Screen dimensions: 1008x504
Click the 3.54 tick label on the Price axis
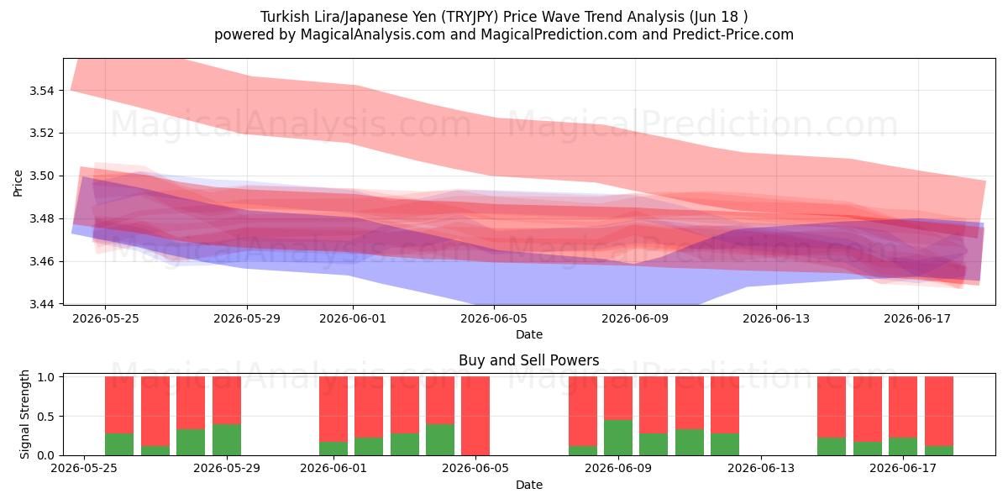coord(41,91)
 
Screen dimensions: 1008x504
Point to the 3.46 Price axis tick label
coord(41,261)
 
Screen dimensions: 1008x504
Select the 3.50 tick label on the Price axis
coord(41,176)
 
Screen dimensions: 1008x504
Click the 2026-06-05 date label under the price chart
coord(494,318)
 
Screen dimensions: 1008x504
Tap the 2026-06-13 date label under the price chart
coord(776,318)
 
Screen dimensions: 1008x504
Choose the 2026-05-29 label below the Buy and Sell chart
coord(227,468)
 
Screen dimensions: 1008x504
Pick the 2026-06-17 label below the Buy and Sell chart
coord(903,468)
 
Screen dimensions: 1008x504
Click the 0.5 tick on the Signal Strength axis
coord(45,417)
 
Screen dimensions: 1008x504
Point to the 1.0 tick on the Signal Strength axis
coord(45,377)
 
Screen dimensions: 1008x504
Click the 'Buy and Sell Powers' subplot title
coord(528,360)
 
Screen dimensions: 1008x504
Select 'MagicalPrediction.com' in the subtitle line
coord(559,34)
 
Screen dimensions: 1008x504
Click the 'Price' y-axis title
coord(18,184)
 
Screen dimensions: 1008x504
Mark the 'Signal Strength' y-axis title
coord(24,414)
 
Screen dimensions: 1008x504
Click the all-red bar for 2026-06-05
coord(475,417)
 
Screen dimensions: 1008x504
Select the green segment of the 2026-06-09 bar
coord(618,438)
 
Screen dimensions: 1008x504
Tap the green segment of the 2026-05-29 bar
coord(226,439)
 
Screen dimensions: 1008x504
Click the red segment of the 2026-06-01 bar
coord(333,409)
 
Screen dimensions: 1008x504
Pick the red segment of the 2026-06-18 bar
coord(939,412)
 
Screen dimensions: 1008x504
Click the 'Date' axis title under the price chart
coord(528,335)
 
